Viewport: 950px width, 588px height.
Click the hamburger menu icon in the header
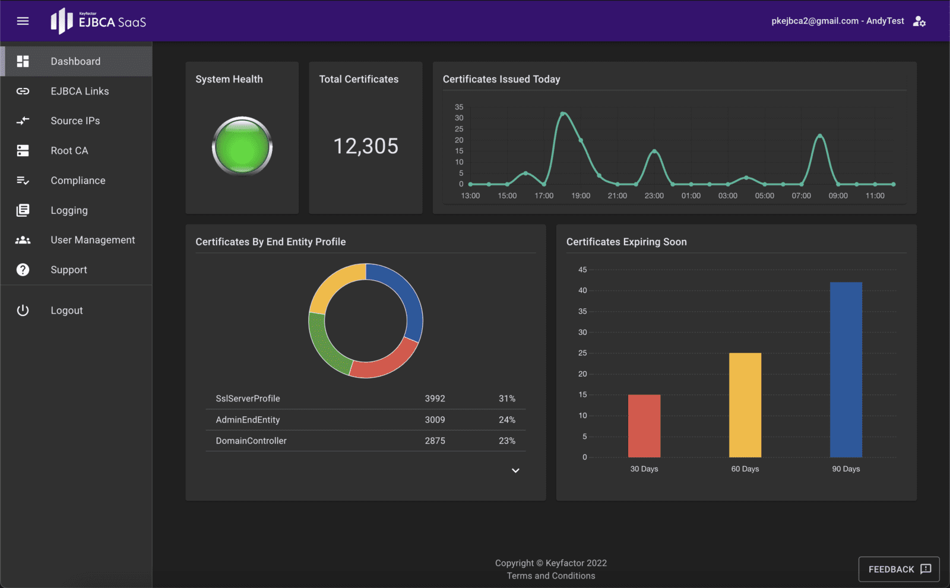tap(23, 21)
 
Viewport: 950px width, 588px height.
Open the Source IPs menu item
tap(75, 121)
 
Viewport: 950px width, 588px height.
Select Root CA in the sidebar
tap(69, 151)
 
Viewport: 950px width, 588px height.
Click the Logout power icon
tap(23, 311)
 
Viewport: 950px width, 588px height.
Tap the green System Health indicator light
tap(242, 146)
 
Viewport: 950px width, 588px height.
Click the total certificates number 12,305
tap(366, 146)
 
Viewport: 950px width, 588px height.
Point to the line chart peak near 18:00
tap(563, 113)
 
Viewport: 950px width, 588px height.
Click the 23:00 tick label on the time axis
tap(654, 196)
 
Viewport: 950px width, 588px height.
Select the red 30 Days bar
tap(644, 426)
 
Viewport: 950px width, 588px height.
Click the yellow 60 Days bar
tap(745, 405)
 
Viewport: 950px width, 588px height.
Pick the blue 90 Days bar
tap(845, 369)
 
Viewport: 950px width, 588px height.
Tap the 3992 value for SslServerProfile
tap(435, 399)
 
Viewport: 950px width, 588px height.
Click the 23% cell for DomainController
tap(506, 441)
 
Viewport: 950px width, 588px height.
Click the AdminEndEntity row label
tap(248, 420)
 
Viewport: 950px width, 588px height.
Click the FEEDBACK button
tap(898, 569)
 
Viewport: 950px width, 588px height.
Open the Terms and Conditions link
tap(550, 576)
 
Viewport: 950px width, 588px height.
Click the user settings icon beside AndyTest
tap(919, 21)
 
